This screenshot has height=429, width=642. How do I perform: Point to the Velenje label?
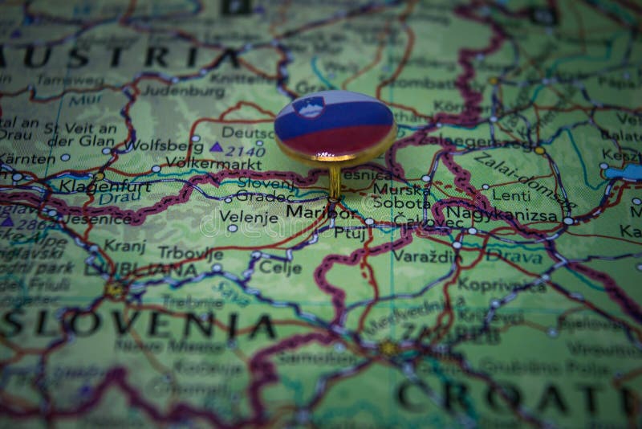(248, 217)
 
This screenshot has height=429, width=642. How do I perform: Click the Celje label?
(280, 267)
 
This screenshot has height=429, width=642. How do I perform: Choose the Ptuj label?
(349, 233)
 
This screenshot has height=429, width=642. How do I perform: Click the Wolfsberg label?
(165, 146)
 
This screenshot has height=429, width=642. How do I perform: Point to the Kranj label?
(125, 245)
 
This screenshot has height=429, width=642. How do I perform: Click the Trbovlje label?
(190, 252)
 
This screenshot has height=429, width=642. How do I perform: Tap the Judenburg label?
(185, 92)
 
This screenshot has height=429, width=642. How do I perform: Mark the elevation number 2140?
(245, 149)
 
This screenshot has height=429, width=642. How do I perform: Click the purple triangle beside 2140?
(216, 147)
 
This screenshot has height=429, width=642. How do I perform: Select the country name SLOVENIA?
(136, 324)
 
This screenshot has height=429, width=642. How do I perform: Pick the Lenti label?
(511, 195)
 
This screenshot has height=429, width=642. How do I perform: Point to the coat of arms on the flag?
(308, 107)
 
